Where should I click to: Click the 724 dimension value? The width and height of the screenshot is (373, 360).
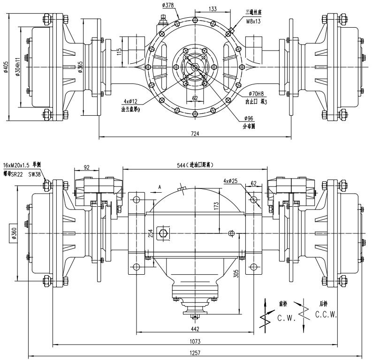[x=195, y=134]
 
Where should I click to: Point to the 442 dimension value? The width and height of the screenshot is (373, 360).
[x=195, y=329]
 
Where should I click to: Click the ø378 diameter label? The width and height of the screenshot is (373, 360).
[x=168, y=5]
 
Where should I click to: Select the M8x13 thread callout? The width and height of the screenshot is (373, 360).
[x=253, y=21]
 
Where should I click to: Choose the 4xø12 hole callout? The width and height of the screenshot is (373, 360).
[x=130, y=101]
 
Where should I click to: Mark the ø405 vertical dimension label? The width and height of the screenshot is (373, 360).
[x=6, y=67]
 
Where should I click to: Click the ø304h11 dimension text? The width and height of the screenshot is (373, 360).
[x=18, y=67]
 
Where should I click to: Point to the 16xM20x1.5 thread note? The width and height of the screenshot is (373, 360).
[x=17, y=165]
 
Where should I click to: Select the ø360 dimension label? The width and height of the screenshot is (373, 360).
[x=15, y=233]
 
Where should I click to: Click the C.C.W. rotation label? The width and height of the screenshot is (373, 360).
[x=326, y=315]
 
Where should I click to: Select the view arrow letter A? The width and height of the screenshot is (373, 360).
[x=160, y=187]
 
